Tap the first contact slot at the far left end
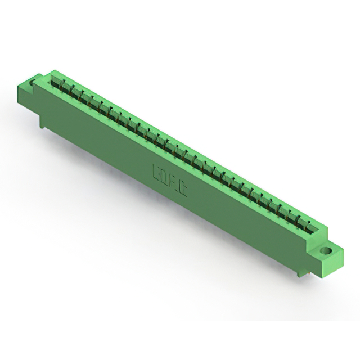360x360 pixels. click(56, 83)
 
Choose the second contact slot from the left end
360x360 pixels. click(66, 88)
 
